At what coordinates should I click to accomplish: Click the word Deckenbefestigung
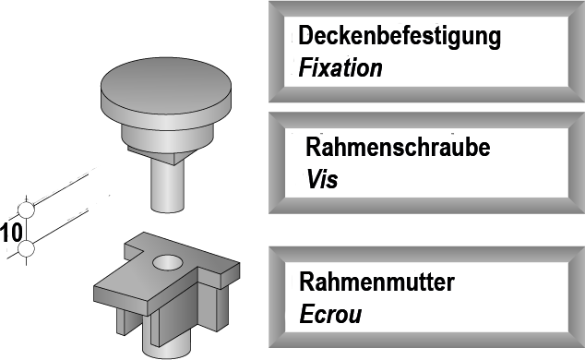pyautogui.click(x=400, y=38)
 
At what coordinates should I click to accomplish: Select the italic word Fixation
pyautogui.click(x=340, y=69)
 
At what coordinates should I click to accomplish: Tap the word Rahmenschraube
pyautogui.click(x=398, y=148)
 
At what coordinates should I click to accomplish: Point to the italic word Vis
pyautogui.click(x=323, y=179)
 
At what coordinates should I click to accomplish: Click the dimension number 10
pyautogui.click(x=11, y=231)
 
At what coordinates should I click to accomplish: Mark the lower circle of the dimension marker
pyautogui.click(x=27, y=248)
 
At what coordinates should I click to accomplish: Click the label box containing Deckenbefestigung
pyautogui.click(x=427, y=51)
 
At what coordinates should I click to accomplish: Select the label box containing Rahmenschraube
pyautogui.click(x=427, y=163)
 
